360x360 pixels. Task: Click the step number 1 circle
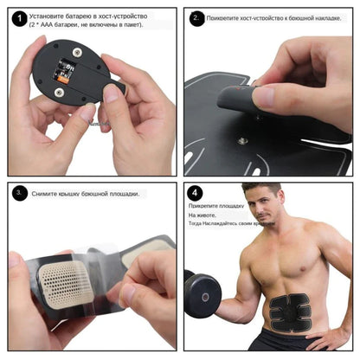19,16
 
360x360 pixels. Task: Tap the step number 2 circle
196,17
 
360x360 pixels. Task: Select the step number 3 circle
19,193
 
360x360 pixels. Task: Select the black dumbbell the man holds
203,294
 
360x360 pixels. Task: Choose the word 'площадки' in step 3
120,193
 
